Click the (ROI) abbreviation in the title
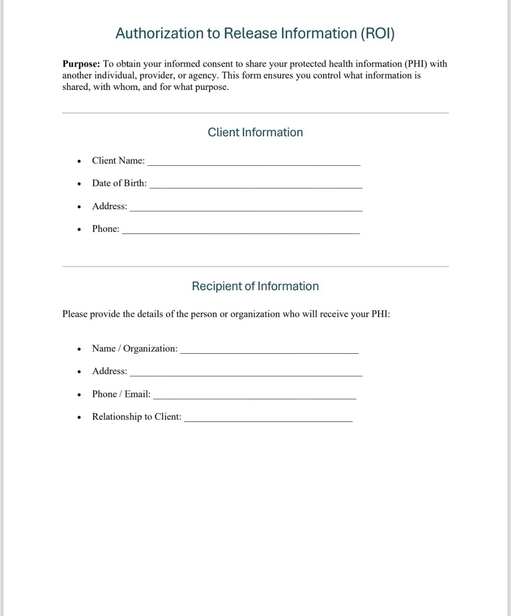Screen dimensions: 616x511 coord(377,34)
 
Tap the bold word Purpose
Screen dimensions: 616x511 coord(81,64)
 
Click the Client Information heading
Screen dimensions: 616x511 coord(255,133)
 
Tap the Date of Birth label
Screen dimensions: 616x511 coord(119,183)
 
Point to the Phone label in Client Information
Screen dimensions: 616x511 coord(106,229)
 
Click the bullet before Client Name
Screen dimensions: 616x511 coord(79,161)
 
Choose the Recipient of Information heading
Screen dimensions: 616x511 coord(255,286)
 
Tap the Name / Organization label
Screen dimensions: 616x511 coord(135,348)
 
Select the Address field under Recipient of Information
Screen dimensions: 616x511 coord(246,373)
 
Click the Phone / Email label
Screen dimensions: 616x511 coord(121,394)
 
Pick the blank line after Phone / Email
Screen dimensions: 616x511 coord(255,396)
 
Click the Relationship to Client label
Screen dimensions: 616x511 coord(137,417)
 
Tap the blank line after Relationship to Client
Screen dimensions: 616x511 coord(268,419)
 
